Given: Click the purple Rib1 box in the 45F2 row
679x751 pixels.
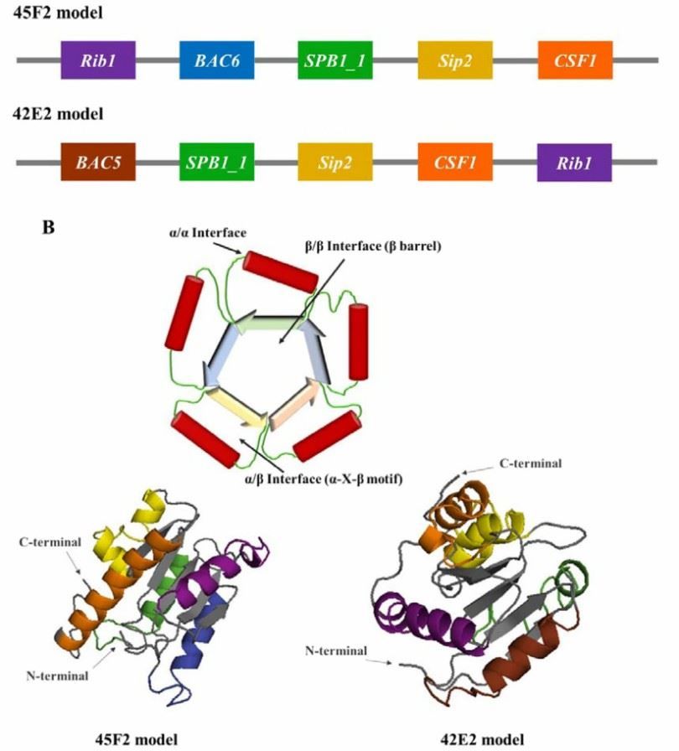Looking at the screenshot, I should coord(98,60).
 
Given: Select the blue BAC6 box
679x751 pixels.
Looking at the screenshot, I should coord(217,60).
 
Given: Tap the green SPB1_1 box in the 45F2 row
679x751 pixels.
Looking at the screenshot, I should coord(335,60).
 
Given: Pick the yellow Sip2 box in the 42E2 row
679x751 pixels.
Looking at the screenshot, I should coord(335,162).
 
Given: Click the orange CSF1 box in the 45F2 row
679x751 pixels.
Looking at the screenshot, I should coord(575,60).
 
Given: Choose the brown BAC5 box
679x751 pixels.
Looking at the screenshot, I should coord(98,162).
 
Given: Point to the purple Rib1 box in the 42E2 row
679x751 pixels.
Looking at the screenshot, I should coord(575,162).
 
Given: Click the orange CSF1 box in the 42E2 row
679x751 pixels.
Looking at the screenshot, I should coord(455,162).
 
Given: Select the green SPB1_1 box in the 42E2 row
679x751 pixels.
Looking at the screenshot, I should coord(217,162).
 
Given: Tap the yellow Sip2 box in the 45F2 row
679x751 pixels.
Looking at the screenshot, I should coord(455,60).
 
